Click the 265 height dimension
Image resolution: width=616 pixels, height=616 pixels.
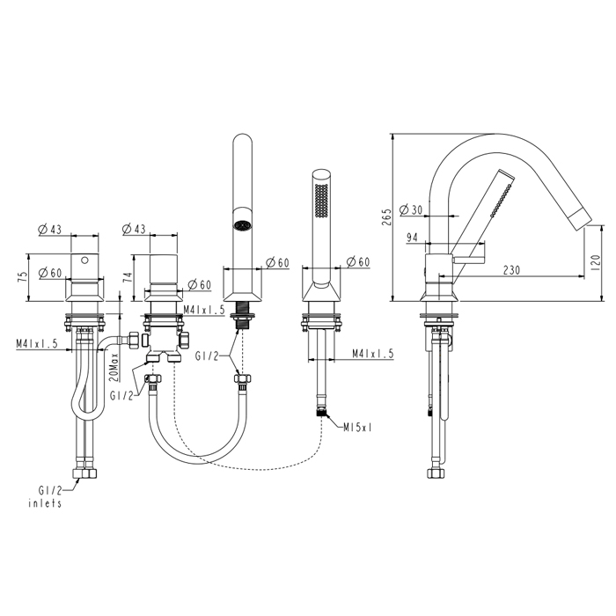tap(386, 217)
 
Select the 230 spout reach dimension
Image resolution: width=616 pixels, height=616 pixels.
tap(511, 270)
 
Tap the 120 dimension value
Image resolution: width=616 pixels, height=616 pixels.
tap(596, 262)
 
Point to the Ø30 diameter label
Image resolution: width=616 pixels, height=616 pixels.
tap(411, 209)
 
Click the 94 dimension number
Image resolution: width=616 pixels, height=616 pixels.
tap(412, 238)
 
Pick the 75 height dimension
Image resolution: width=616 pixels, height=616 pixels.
tap(24, 276)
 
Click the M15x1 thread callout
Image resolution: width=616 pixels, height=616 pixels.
tap(357, 428)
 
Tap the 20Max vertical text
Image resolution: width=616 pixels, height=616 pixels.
tap(114, 367)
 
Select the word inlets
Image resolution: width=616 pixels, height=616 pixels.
tap(45, 503)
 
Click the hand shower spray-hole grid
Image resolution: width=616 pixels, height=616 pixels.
tap(321, 200)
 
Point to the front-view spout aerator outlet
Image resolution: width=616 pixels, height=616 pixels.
tap(242, 225)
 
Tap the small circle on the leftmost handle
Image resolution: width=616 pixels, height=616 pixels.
tap(84, 260)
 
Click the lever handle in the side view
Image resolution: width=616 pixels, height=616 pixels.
tap(469, 260)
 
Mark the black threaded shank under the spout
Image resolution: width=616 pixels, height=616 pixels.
tap(243, 315)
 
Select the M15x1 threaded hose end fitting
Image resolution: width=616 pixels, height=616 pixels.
tap(322, 412)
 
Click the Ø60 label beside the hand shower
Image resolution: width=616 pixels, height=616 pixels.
tap(358, 261)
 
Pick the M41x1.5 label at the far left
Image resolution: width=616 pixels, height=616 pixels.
tap(37, 343)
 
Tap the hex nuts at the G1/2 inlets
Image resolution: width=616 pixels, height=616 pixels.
tap(84, 473)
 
